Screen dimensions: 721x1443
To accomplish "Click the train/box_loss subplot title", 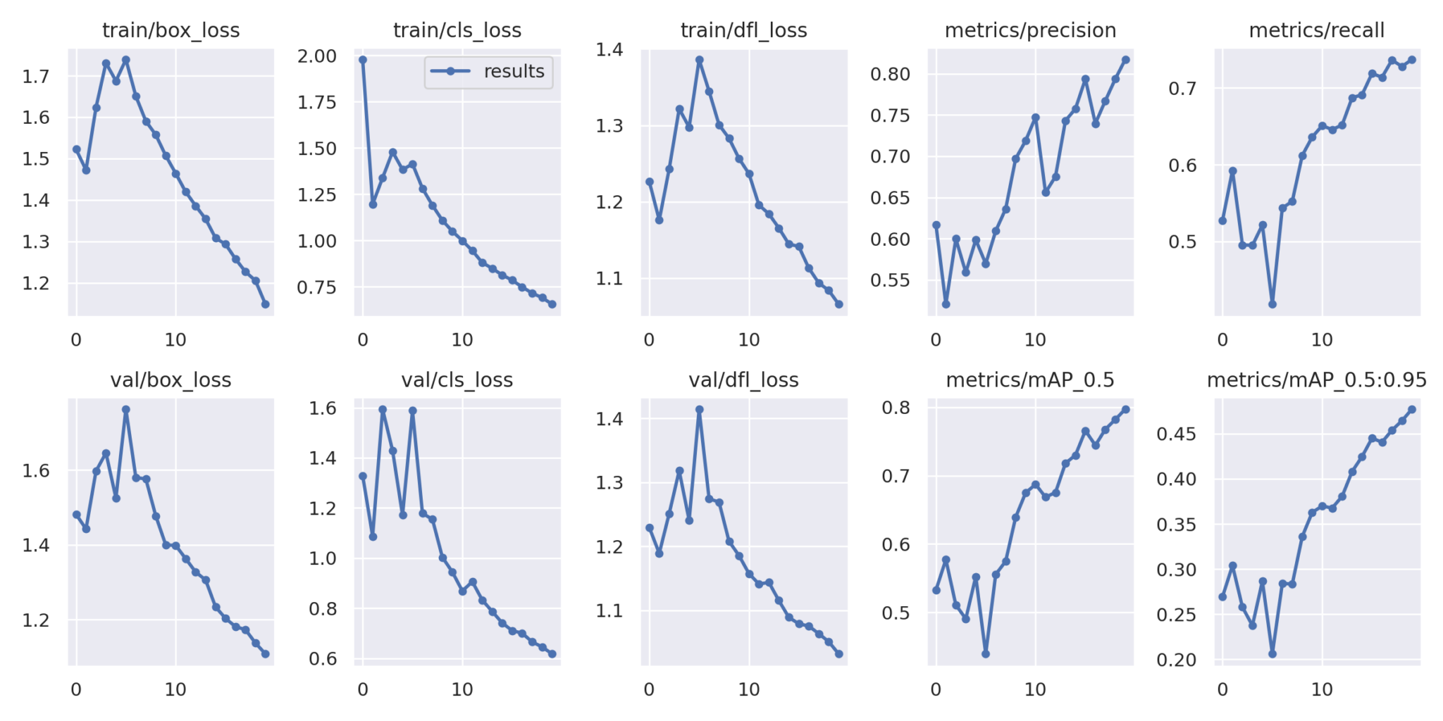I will click(171, 30).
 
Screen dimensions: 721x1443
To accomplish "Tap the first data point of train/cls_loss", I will click(363, 60).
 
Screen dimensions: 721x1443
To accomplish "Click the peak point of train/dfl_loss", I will click(699, 60).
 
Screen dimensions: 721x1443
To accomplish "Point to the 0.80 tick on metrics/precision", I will click(890, 74).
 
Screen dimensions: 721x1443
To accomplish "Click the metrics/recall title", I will click(1316, 30).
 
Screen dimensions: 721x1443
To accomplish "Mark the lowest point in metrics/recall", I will click(1272, 304).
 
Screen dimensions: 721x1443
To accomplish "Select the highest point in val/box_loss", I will click(126, 409).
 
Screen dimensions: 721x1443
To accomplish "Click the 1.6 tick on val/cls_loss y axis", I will click(323, 408).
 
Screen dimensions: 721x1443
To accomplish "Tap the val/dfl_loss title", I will click(743, 380).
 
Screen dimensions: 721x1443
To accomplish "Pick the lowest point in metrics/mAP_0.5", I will click(985, 654).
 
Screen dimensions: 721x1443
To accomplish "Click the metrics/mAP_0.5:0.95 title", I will click(1316, 380).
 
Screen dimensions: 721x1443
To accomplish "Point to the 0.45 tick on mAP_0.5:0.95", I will click(1176, 434).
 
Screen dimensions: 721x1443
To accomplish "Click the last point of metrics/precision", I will click(1125, 60).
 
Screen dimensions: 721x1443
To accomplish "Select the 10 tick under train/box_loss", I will click(175, 340).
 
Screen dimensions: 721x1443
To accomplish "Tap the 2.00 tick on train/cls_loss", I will click(316, 56).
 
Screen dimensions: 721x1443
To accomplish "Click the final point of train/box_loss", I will click(266, 304).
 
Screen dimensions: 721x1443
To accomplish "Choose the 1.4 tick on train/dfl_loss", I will click(609, 49).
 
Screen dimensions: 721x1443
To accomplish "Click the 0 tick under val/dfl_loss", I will click(649, 690).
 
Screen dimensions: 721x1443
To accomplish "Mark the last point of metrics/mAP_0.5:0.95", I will click(1411, 409).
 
